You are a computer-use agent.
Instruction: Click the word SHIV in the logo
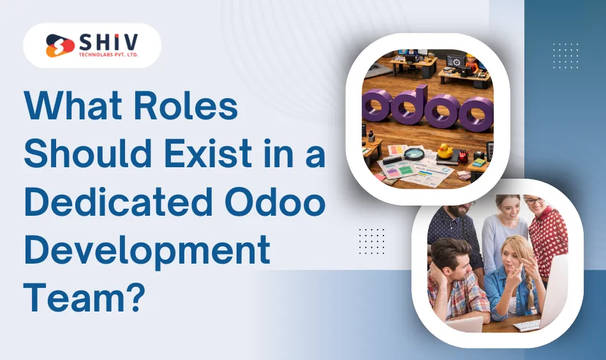[x=109, y=43]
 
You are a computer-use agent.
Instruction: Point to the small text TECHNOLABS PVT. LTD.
[x=109, y=56]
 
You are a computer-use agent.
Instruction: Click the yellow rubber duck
[x=444, y=151]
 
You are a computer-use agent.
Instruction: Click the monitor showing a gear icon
[x=455, y=61]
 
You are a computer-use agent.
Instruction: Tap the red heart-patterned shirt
[x=549, y=236]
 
